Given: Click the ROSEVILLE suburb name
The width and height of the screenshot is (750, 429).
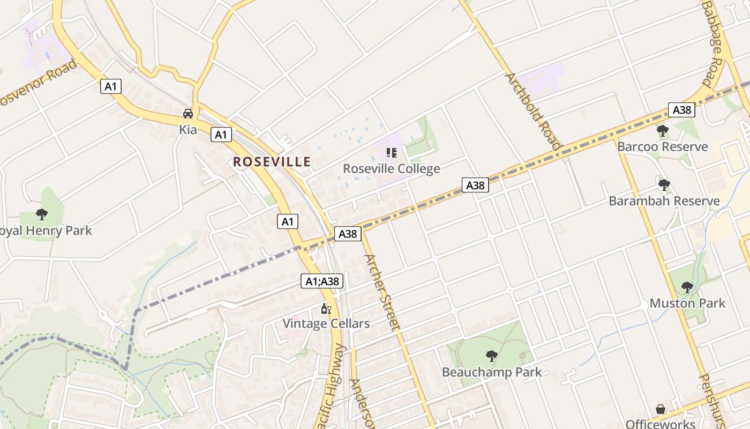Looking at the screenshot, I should point(272,161).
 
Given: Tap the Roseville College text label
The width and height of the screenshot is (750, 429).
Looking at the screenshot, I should point(391,169).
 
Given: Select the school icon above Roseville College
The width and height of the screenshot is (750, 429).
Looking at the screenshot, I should point(391,153).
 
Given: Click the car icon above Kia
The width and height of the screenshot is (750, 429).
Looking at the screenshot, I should point(188,114).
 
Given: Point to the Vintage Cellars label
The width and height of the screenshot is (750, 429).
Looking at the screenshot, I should point(326,324).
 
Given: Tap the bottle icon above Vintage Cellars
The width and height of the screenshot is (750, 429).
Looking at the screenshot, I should point(326,309).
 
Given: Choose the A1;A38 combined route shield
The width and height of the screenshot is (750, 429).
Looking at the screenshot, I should point(321,281).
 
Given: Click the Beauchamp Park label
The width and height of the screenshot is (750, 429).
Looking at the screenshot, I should point(492,372).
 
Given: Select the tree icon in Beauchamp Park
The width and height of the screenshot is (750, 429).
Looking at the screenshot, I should point(491,356).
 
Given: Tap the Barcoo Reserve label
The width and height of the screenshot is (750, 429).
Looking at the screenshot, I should point(663,147).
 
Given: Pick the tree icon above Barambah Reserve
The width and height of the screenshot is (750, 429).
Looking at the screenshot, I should point(664,185).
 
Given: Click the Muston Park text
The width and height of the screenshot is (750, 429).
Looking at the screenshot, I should point(687,304).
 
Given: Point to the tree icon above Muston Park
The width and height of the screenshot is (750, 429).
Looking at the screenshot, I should point(687,287).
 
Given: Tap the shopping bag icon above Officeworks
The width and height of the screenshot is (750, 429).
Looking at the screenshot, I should point(661,410).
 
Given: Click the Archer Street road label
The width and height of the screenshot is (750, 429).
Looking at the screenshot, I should point(382,292).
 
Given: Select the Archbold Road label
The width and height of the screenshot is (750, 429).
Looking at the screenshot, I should point(533,111).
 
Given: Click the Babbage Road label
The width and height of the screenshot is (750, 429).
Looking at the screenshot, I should point(714,43).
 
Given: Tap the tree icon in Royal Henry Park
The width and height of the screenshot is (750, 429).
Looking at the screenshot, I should point(42,215).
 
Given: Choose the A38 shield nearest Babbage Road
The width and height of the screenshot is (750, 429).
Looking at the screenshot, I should point(681,110).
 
